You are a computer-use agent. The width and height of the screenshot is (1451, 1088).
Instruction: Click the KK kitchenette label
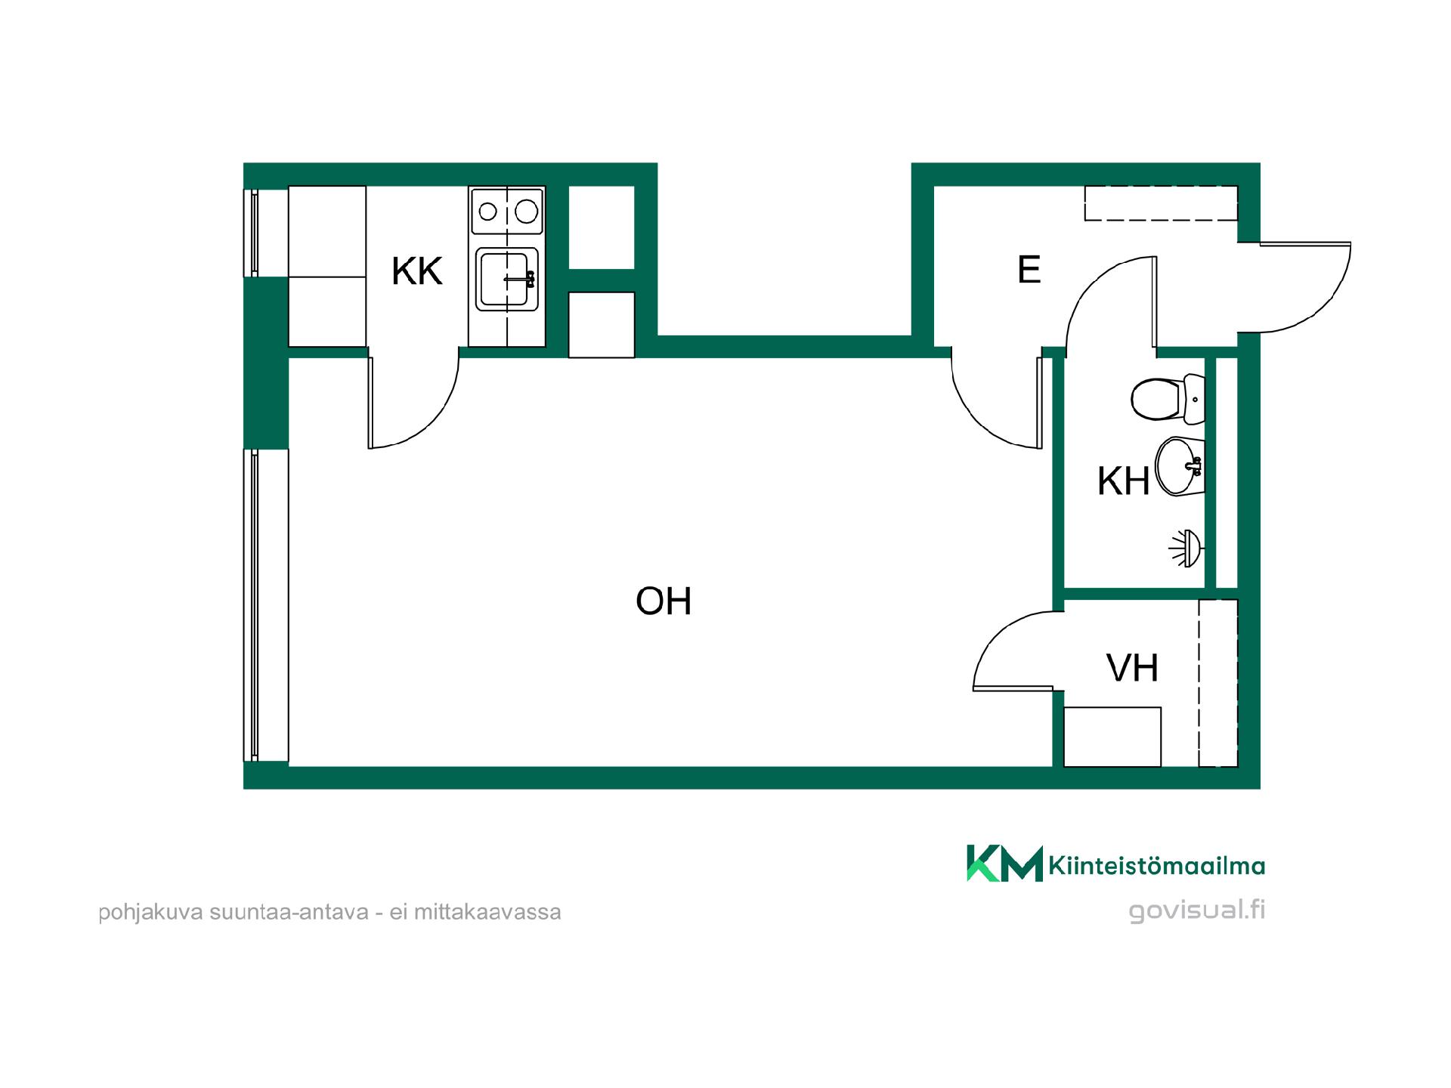416,271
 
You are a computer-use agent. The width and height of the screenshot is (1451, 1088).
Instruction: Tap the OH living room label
664,601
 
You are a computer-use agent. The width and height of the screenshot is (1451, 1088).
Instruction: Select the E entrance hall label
1029,270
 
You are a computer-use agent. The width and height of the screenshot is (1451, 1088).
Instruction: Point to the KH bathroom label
1123,481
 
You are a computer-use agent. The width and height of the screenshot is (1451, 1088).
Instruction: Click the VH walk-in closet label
1132,668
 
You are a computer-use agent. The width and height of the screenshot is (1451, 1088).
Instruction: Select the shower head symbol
1188,549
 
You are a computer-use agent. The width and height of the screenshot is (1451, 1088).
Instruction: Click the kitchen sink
507,279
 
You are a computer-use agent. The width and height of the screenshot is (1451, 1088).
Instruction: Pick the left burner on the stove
488,212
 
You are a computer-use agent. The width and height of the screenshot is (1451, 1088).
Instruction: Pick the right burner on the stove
527,212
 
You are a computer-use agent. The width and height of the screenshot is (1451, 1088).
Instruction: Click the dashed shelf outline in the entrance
1161,203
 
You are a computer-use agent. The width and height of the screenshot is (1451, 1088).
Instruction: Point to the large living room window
255,605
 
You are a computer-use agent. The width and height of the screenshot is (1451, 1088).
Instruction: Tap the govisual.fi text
1197,910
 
